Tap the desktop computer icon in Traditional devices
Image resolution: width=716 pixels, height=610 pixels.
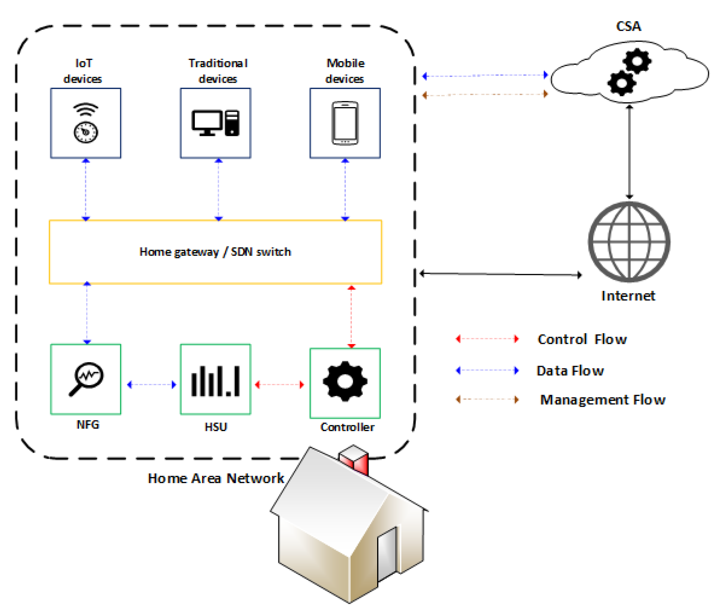tap(215, 123)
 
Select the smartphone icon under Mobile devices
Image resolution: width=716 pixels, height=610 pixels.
tap(344, 123)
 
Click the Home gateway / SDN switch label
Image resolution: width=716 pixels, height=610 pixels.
tap(215, 251)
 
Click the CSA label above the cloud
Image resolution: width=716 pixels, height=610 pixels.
tap(628, 26)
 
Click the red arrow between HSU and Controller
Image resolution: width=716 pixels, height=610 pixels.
tap(279, 384)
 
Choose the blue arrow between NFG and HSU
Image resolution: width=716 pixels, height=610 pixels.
tap(151, 384)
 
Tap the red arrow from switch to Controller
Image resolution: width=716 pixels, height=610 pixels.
tap(351, 316)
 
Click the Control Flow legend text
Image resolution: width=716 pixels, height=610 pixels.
tap(582, 339)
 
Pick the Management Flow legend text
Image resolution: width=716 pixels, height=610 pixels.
tap(602, 399)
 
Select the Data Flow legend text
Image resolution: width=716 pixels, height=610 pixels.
tap(570, 370)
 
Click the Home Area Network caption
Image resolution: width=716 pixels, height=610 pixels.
tap(215, 478)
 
